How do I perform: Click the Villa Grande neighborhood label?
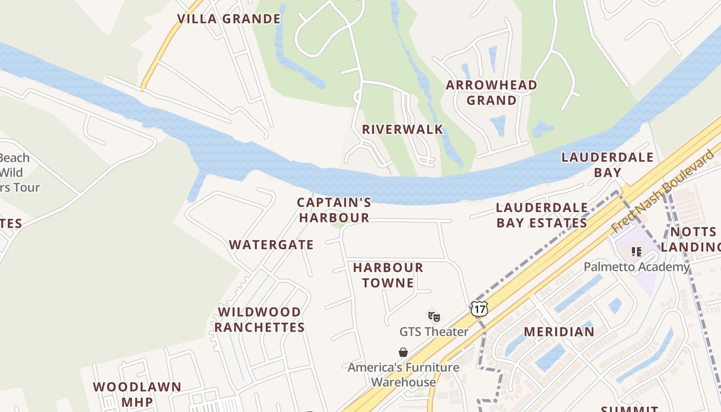pyautogui.click(x=229, y=19)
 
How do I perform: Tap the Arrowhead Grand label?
pyautogui.click(x=491, y=93)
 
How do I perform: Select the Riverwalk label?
pyautogui.click(x=402, y=129)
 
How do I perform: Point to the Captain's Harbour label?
pyautogui.click(x=334, y=210)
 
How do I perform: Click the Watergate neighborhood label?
pyautogui.click(x=271, y=245)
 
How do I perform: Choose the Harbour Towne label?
pyautogui.click(x=388, y=275)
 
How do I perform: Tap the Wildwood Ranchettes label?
pyautogui.click(x=260, y=320)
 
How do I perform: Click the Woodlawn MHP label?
pyautogui.click(x=137, y=394)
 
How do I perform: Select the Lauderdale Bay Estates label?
pyautogui.click(x=542, y=215)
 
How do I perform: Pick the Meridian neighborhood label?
pyautogui.click(x=559, y=332)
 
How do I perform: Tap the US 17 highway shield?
pyautogui.click(x=479, y=309)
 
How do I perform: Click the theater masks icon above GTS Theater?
pyautogui.click(x=434, y=316)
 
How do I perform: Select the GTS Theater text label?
pyautogui.click(x=434, y=332)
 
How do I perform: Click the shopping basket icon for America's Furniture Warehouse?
pyautogui.click(x=403, y=352)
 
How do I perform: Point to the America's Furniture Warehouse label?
pyautogui.click(x=403, y=374)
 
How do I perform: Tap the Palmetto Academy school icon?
pyautogui.click(x=636, y=251)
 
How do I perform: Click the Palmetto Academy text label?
pyautogui.click(x=636, y=267)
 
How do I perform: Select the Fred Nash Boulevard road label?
pyautogui.click(x=664, y=191)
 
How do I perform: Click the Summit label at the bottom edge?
pyautogui.click(x=629, y=409)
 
